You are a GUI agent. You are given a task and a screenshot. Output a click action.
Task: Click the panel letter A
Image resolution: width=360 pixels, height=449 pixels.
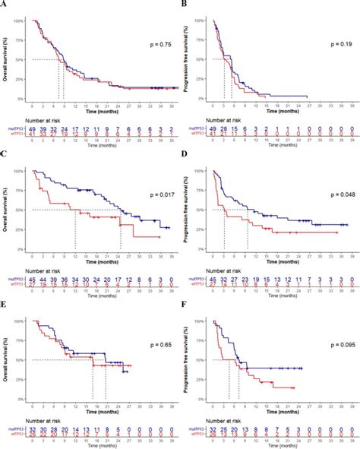[5, 5]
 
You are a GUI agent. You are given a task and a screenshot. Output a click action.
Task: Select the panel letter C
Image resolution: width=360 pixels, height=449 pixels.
[5, 156]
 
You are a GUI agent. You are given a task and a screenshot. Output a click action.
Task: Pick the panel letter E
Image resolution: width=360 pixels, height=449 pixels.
[5, 306]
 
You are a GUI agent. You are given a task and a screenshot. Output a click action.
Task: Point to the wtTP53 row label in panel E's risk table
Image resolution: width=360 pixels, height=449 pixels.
[15, 435]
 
